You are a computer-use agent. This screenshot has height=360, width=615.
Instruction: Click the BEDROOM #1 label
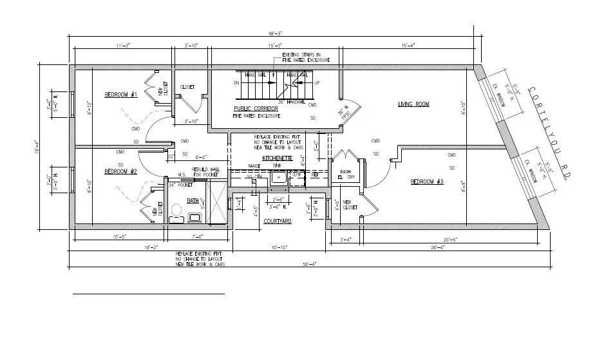[x=121, y=95]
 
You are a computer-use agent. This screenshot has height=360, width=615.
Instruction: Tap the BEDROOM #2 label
[x=120, y=171]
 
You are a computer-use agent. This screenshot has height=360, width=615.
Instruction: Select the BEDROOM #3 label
[x=428, y=182]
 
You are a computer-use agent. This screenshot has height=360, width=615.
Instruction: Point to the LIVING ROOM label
[x=413, y=104]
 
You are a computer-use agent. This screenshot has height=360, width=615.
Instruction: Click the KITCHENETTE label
[x=278, y=158]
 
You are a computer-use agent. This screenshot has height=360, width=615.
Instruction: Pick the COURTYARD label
[x=278, y=221]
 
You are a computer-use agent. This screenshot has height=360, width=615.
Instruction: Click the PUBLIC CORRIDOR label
[x=256, y=109]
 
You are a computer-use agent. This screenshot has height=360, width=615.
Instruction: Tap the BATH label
[x=193, y=201]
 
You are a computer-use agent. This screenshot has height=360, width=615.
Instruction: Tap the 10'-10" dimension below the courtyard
[x=279, y=247]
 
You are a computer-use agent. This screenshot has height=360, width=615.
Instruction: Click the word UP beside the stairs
[x=316, y=83]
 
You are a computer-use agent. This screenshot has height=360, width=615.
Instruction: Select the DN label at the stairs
[x=236, y=83]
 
